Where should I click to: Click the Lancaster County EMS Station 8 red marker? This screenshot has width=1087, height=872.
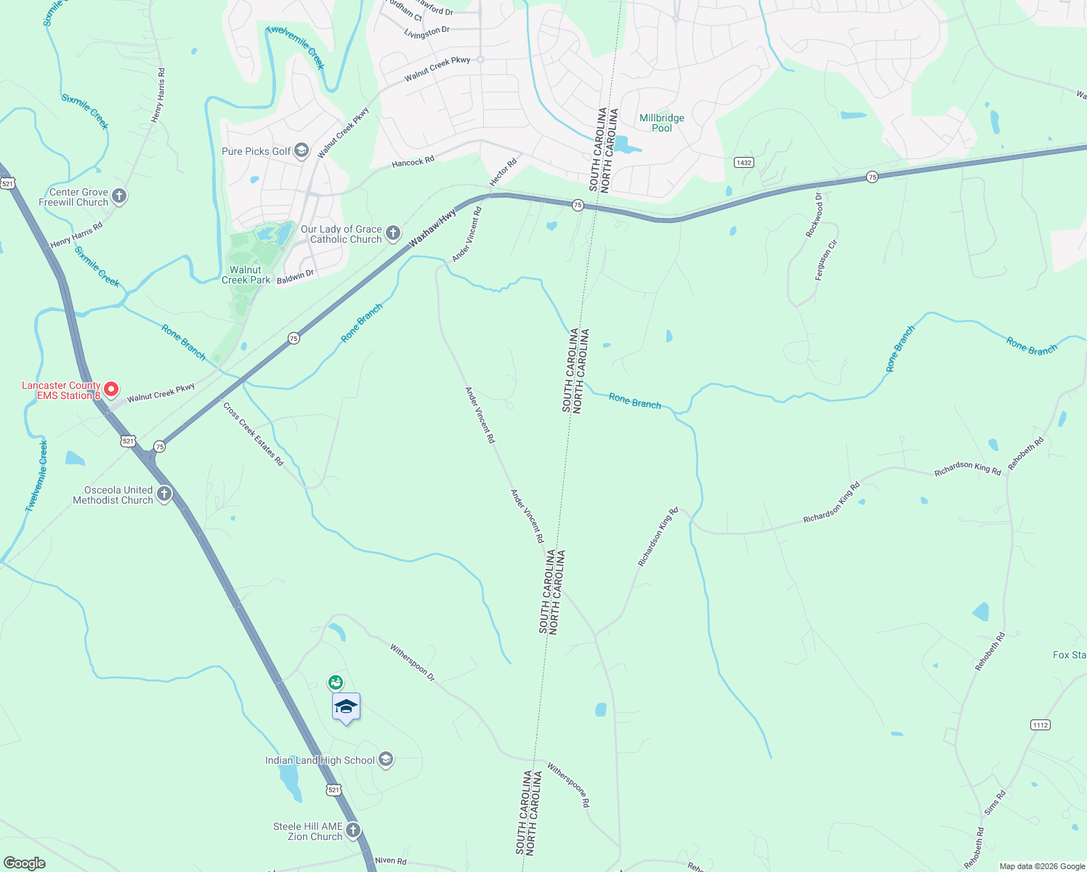tap(111, 389)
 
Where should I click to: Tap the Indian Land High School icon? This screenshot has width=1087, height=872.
tap(386, 760)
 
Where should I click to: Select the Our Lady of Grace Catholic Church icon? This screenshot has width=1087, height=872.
tap(392, 233)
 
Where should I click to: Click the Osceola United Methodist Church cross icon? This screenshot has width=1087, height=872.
tap(164, 495)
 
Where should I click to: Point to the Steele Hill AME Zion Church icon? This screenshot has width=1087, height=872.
tap(352, 831)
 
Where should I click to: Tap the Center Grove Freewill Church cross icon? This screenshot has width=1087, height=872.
tap(119, 196)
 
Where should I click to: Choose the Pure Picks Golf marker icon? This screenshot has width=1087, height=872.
tap(302, 150)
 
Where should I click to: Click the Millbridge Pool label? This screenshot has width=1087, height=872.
tap(661, 123)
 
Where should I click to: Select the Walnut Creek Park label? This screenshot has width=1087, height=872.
tap(246, 275)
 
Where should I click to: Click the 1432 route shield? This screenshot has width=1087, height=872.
tap(743, 163)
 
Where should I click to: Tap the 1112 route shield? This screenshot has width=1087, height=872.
tap(1040, 724)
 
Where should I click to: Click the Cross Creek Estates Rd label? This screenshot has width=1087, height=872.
tap(253, 434)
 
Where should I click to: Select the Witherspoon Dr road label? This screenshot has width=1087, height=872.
tap(412, 662)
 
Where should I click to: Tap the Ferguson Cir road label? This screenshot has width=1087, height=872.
tap(826, 259)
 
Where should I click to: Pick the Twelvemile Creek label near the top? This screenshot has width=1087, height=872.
tap(295, 47)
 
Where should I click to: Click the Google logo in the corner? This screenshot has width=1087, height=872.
tap(25, 863)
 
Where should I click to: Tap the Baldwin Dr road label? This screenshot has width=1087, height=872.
tap(295, 276)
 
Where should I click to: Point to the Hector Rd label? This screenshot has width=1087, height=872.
tap(503, 171)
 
